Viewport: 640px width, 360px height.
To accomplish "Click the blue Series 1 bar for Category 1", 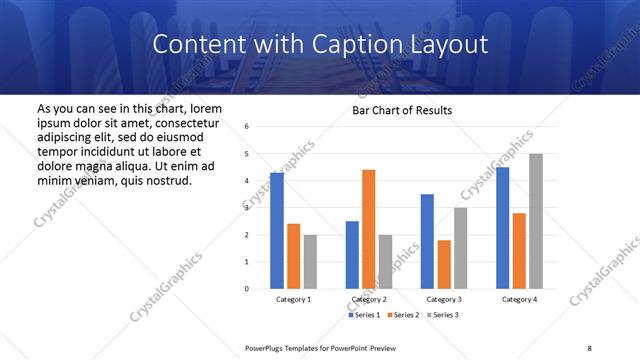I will click(x=276, y=231).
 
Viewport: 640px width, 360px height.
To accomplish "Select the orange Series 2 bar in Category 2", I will click(x=368, y=229).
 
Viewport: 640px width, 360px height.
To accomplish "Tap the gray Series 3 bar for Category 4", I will click(x=536, y=221).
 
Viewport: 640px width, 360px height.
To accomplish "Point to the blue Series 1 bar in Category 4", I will click(x=502, y=228).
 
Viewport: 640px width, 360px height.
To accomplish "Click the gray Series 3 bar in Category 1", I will click(x=310, y=262).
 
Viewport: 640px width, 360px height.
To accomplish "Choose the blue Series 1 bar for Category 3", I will click(x=427, y=241).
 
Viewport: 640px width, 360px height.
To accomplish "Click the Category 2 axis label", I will click(x=369, y=299).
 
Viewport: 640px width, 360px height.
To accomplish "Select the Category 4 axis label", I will click(x=519, y=299).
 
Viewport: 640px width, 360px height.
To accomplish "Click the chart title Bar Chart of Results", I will click(x=401, y=110).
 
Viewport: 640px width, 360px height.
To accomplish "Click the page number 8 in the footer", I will click(x=588, y=347).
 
